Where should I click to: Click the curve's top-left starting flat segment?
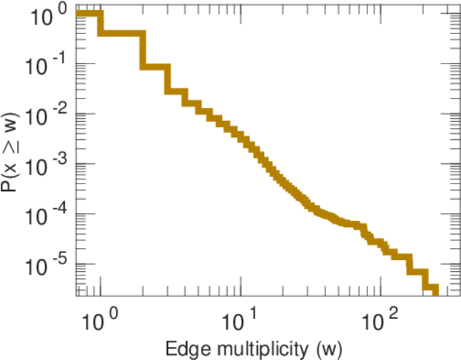tap(89, 14)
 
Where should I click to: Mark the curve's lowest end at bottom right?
tap(435, 290)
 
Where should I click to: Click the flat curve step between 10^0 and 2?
tap(122, 32)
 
